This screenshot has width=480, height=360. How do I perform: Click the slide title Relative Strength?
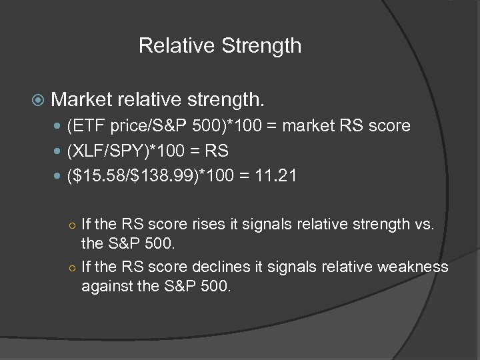pyautogui.click(x=220, y=46)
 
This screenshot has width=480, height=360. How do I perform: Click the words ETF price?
pyautogui.click(x=105, y=125)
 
